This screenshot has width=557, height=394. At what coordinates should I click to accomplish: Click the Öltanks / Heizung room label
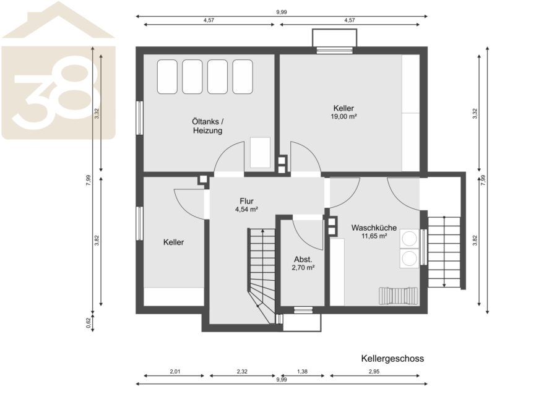coord(208,126)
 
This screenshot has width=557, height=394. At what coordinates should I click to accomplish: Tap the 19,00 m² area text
coord(343,116)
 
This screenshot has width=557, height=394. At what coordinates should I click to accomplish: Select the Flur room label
coord(246,201)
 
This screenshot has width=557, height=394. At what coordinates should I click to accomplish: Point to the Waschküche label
coord(374,228)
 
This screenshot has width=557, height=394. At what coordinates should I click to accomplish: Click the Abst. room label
coord(303,260)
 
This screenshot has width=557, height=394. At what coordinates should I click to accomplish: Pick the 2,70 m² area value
coord(303,268)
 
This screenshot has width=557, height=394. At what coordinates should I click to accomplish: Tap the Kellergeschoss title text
coord(392,359)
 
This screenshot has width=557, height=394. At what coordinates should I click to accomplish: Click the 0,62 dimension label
coord(89,323)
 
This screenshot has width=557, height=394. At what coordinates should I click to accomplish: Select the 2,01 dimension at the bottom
coord(175,372)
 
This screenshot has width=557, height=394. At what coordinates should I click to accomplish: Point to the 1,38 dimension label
coord(302,372)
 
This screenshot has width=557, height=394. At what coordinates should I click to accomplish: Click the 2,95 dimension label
coord(374,372)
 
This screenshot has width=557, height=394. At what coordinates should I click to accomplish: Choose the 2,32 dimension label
coord(242,372)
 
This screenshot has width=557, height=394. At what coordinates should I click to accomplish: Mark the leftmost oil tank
coord(167,77)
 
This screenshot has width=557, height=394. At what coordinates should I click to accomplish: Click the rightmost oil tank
coord(243,77)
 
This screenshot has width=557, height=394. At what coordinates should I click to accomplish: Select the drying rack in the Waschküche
coord(399,296)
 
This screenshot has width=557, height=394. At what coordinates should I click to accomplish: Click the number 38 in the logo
coord(53,92)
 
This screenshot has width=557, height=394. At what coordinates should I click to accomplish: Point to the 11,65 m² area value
coord(374,236)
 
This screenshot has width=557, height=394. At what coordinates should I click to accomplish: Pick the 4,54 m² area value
coord(246,210)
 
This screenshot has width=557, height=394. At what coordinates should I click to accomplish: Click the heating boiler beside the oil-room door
coord(261,153)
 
